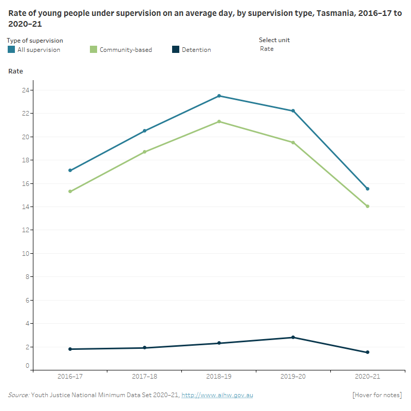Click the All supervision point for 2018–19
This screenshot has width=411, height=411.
(219, 96)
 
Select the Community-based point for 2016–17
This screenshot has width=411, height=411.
(70, 192)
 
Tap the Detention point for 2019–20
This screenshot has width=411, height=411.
(293, 338)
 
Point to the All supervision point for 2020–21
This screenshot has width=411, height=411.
(367, 189)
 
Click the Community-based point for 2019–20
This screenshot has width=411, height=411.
(293, 142)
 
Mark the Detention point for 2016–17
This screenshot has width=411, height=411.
(70, 349)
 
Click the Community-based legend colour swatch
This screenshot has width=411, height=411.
(93, 49)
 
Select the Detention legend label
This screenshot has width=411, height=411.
(196, 50)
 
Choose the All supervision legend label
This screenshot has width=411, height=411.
(39, 50)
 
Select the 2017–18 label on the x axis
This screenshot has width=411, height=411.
(144, 377)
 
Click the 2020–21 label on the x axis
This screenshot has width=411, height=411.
(367, 377)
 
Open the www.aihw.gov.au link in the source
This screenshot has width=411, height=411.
(217, 395)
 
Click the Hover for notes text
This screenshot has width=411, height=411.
(377, 395)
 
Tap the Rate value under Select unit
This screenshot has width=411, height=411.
(267, 49)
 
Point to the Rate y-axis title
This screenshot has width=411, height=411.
(15, 71)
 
